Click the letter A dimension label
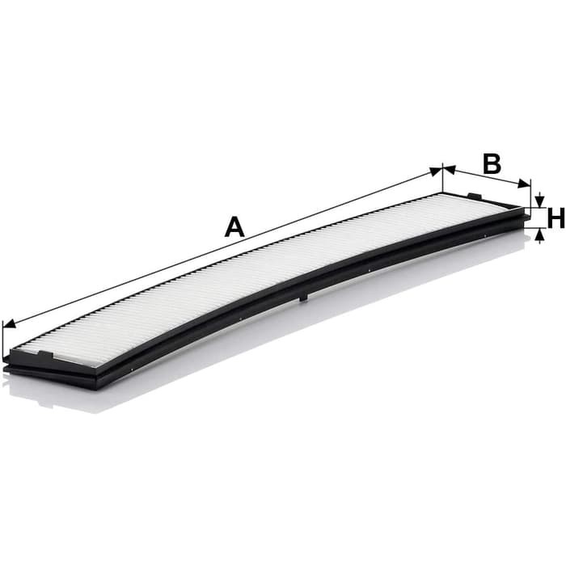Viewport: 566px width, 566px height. pos(234,226)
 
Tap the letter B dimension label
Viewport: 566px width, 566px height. pos(492,163)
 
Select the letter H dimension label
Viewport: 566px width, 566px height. pos(556,218)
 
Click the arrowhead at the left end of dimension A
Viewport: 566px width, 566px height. pos(10,323)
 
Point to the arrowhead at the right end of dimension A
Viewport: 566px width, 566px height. pos(435,171)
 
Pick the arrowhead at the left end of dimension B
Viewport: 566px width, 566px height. pos(450,169)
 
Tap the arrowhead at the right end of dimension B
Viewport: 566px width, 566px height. pos(525,184)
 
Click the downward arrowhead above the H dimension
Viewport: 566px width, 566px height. pos(539,201)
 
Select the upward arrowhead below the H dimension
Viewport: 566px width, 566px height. pos(539,235)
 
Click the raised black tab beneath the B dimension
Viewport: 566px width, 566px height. pos(475,196)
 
